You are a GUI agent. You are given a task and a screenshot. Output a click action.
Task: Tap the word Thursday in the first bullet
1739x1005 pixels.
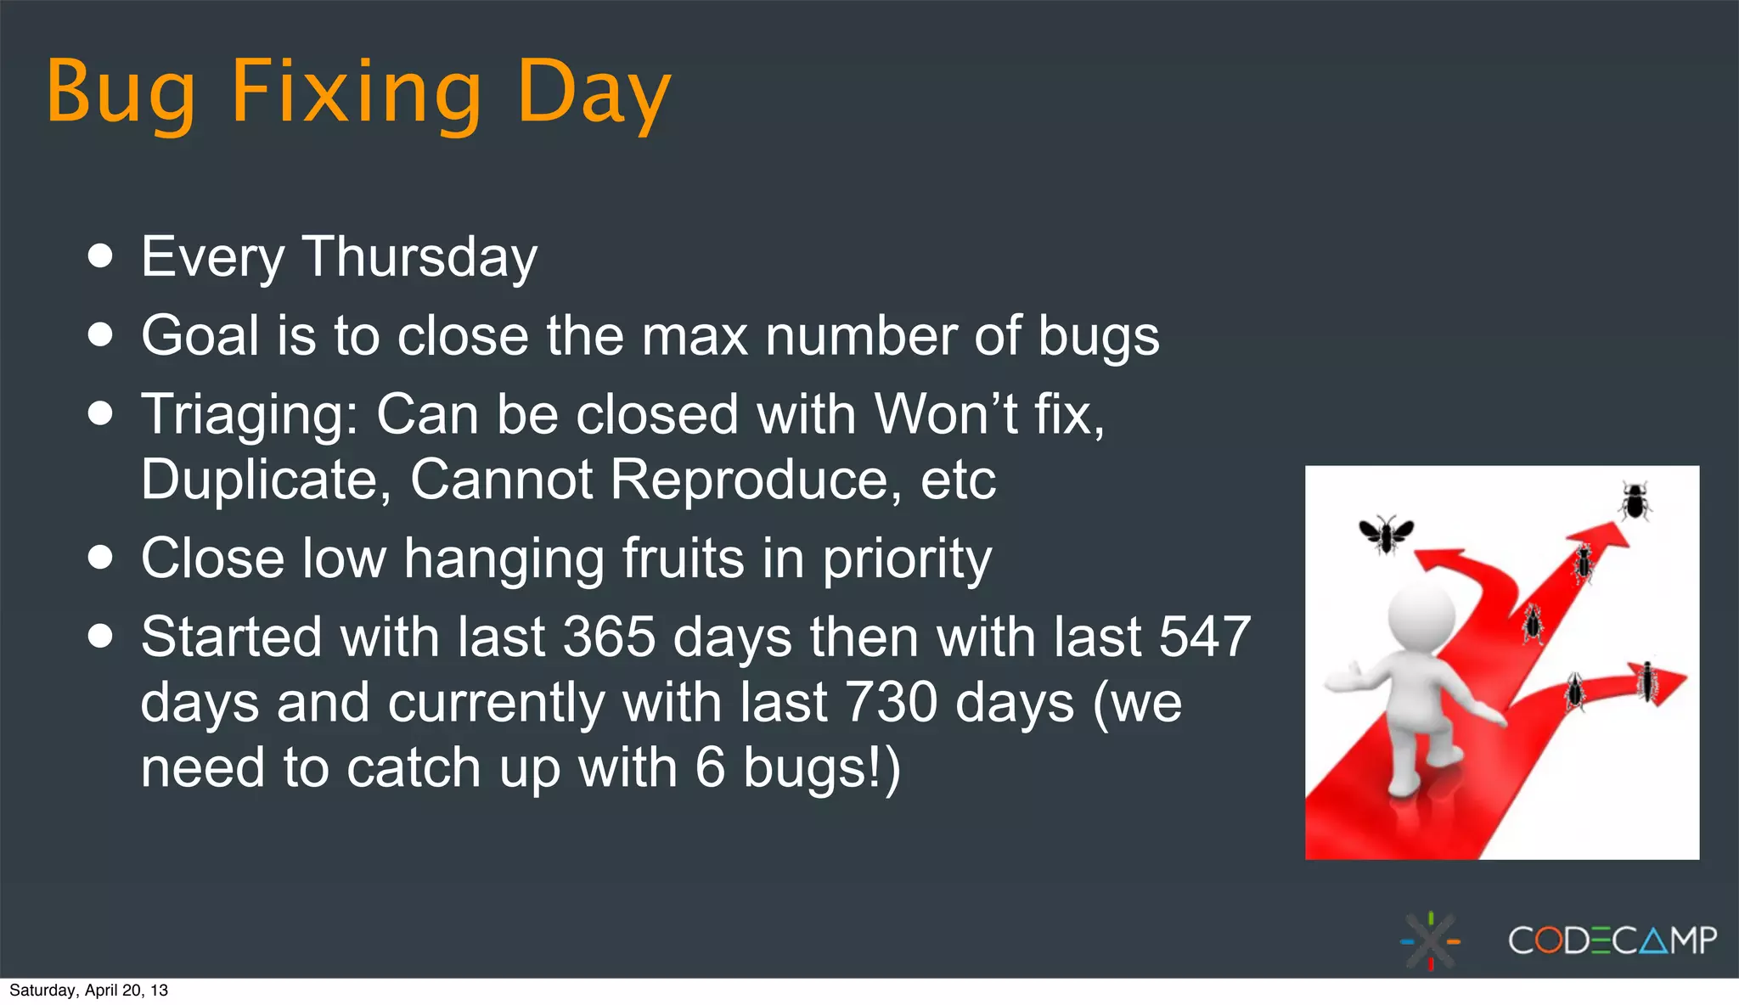419,256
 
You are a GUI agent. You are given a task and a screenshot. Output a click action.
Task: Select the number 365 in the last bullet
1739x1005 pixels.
609,637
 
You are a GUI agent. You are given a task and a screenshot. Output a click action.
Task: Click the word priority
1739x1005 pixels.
906,560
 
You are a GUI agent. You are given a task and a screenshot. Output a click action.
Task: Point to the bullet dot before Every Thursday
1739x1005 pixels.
100,256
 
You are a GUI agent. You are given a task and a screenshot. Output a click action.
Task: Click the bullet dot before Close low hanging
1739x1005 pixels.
100,558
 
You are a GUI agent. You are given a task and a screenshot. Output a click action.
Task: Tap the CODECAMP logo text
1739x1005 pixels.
1612,940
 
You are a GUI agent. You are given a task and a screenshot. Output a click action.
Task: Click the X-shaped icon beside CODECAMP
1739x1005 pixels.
1431,940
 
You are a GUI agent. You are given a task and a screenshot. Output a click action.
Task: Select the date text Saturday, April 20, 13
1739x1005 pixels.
88,991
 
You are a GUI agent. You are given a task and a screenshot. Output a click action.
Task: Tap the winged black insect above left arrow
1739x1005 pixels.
1386,534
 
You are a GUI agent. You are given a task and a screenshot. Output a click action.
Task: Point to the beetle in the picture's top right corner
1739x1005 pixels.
1635,501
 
